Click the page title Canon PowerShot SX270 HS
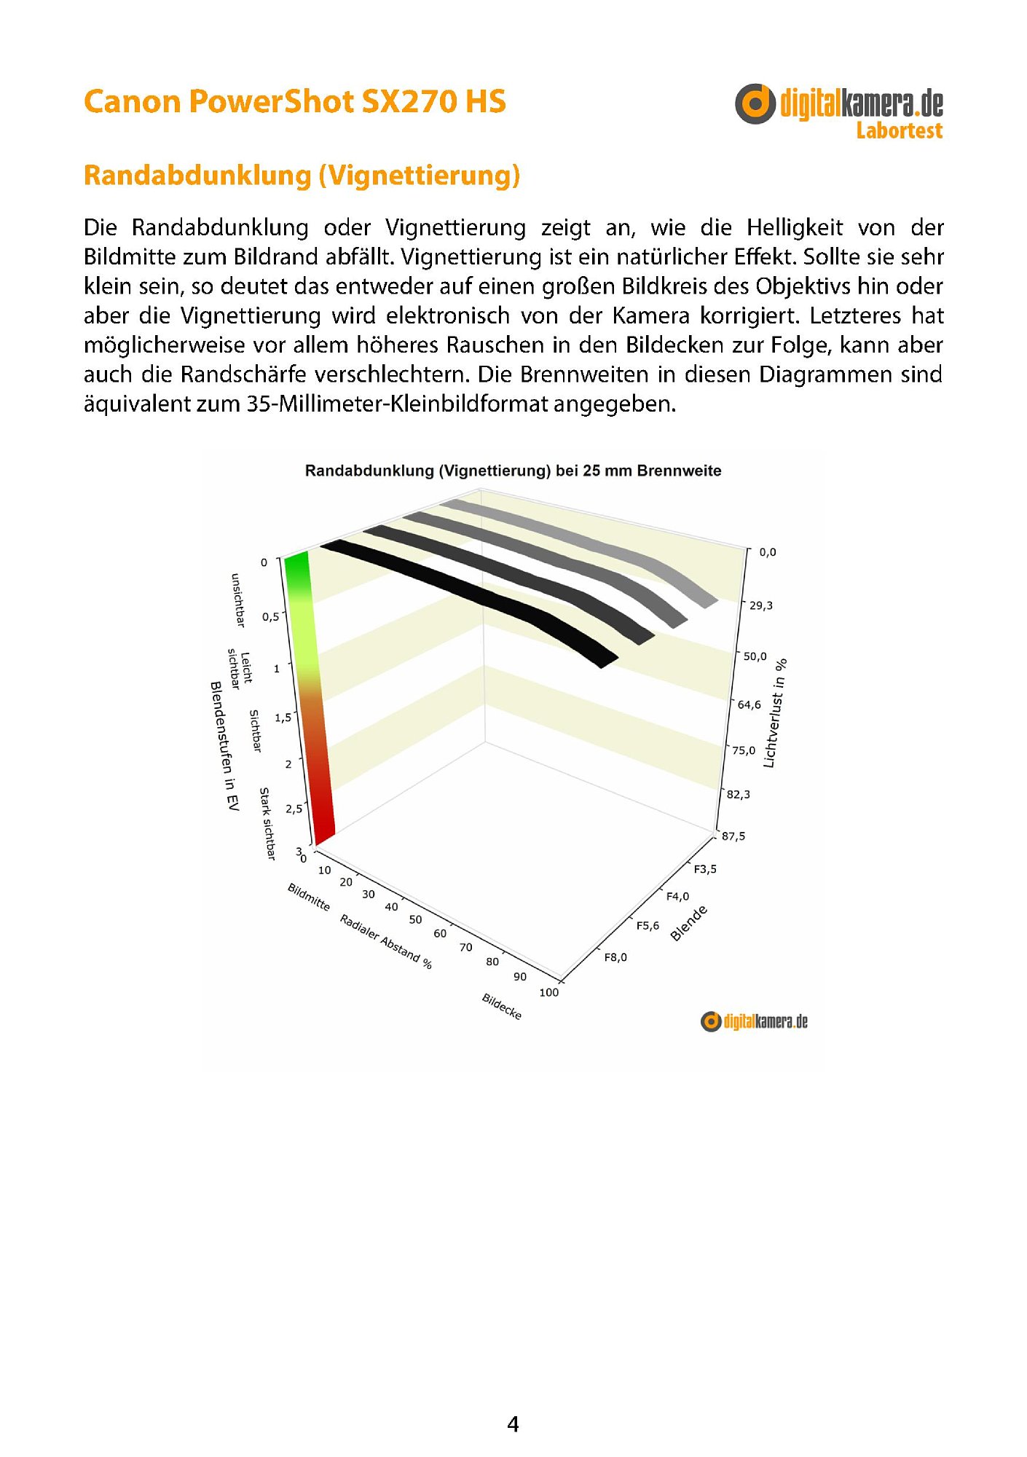(294, 102)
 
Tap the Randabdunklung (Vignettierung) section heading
(302, 176)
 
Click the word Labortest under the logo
(899, 131)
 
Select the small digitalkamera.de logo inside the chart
(754, 1021)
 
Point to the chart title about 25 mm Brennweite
(513, 471)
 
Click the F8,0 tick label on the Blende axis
(615, 957)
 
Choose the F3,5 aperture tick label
(704, 869)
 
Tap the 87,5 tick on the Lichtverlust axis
(733, 836)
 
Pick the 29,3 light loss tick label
(761, 605)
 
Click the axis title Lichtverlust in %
(774, 713)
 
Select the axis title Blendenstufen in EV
(224, 746)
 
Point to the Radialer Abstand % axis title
(386, 942)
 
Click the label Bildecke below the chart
(502, 1006)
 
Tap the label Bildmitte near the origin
(309, 897)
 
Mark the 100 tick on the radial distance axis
(549, 992)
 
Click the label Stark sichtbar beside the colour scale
(267, 823)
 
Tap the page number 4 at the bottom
(513, 1424)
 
